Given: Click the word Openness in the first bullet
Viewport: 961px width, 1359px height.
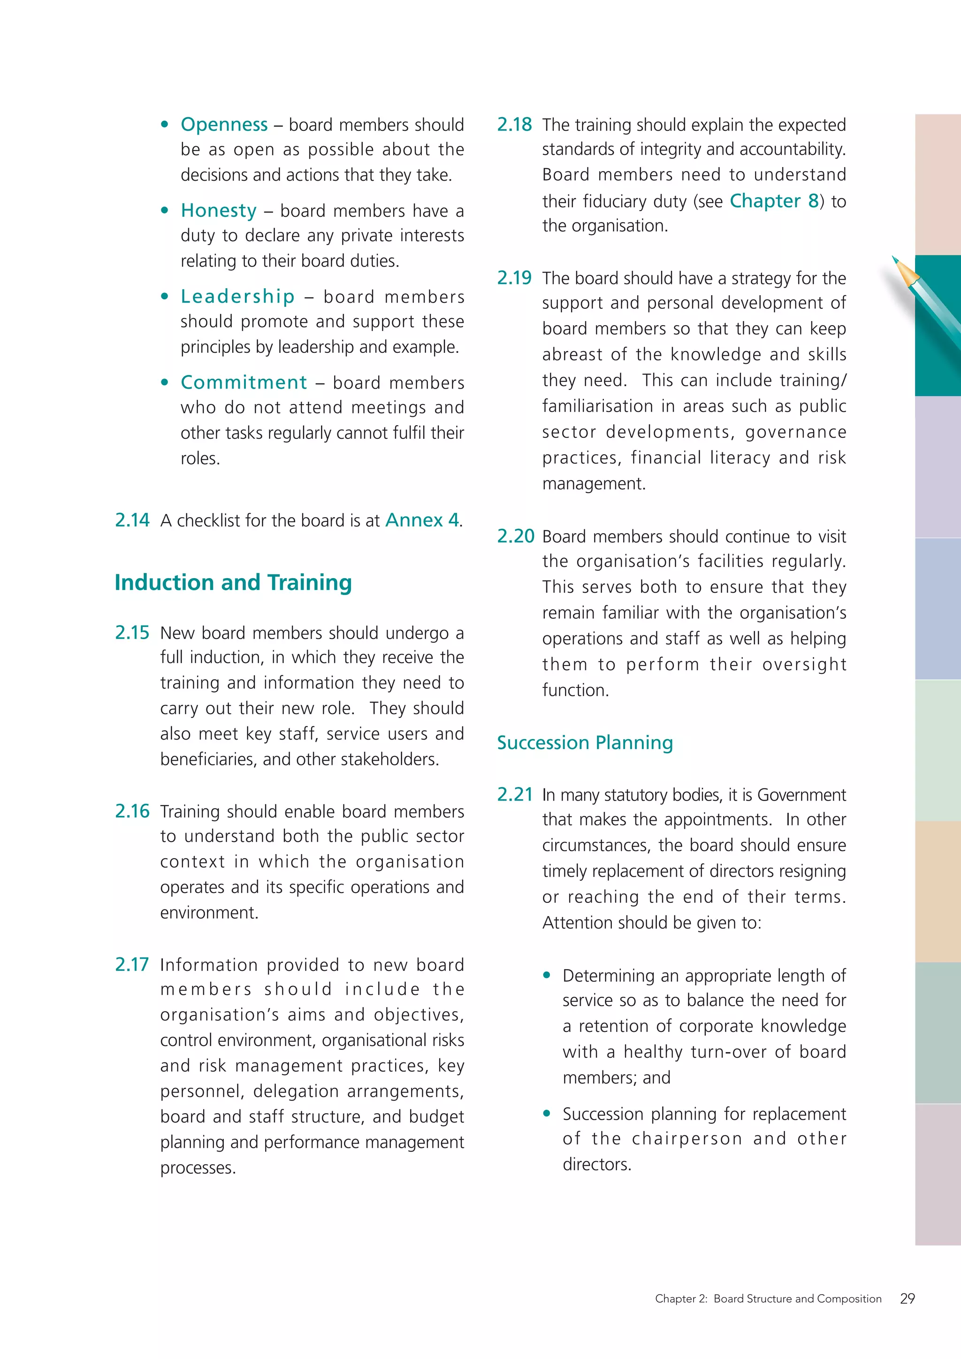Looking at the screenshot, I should click(x=224, y=124).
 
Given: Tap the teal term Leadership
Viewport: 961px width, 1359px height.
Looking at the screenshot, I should click(x=237, y=296).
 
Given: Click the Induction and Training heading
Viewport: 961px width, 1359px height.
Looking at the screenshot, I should click(x=233, y=582).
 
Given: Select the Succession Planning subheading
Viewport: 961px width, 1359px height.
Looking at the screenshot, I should click(x=585, y=742).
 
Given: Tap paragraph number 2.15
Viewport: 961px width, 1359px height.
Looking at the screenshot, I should click(x=132, y=632).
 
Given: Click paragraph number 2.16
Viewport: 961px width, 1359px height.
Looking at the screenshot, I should click(x=132, y=811).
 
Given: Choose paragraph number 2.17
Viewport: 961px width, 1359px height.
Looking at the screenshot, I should click(x=132, y=964).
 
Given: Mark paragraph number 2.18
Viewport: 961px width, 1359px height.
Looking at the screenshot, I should click(x=514, y=124).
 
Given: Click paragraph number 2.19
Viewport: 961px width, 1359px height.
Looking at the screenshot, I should click(x=514, y=278).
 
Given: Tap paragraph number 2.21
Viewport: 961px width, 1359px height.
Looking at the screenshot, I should click(x=515, y=794).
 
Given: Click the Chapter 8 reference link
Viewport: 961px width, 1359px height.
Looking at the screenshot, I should click(x=774, y=201).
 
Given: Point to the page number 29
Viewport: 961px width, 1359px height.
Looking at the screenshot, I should click(x=907, y=1298).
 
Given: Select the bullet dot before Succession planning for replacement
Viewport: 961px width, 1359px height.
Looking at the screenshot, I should click(x=547, y=1114).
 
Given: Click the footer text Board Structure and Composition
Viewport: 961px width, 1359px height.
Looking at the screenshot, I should click(x=797, y=1298).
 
